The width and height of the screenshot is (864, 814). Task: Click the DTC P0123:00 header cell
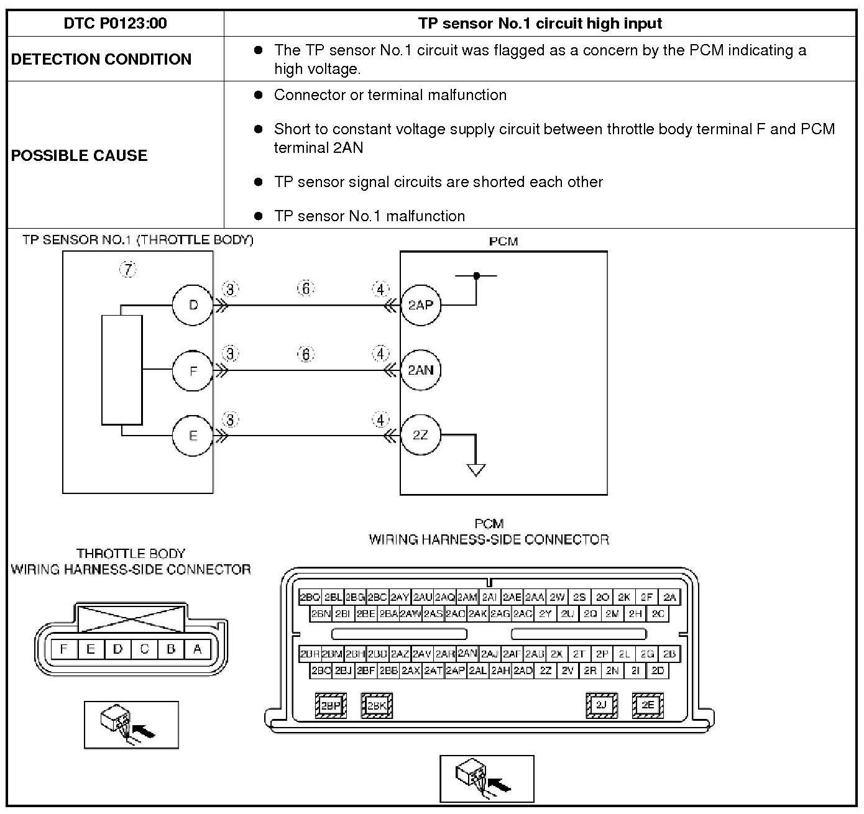[115, 24]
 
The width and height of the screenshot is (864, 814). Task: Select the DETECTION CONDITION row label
[101, 59]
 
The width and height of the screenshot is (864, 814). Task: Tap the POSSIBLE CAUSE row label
[80, 155]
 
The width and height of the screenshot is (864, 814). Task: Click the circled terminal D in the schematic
[193, 305]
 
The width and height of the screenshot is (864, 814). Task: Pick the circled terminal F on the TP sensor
[193, 370]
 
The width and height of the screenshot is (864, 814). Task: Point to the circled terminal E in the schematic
[193, 435]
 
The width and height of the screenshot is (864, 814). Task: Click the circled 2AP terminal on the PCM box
[421, 305]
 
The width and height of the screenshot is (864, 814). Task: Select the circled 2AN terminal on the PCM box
[421, 370]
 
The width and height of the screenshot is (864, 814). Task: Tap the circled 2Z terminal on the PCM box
[421, 435]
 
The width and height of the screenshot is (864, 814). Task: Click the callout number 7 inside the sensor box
[127, 269]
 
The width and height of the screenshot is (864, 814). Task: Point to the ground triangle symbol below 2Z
[476, 470]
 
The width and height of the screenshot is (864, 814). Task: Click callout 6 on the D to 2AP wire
[306, 288]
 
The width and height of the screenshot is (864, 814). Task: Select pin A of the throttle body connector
[198, 649]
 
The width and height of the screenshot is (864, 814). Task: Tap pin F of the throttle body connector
[63, 649]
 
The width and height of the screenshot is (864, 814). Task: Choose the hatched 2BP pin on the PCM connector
[331, 705]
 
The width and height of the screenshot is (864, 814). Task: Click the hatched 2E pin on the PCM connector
[648, 705]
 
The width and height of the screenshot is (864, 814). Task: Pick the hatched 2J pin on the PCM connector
[602, 705]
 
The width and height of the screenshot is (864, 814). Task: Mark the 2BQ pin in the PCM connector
[310, 597]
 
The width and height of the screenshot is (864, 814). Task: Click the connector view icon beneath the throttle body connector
[131, 725]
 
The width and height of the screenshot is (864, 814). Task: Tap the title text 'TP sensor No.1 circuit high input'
[540, 24]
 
